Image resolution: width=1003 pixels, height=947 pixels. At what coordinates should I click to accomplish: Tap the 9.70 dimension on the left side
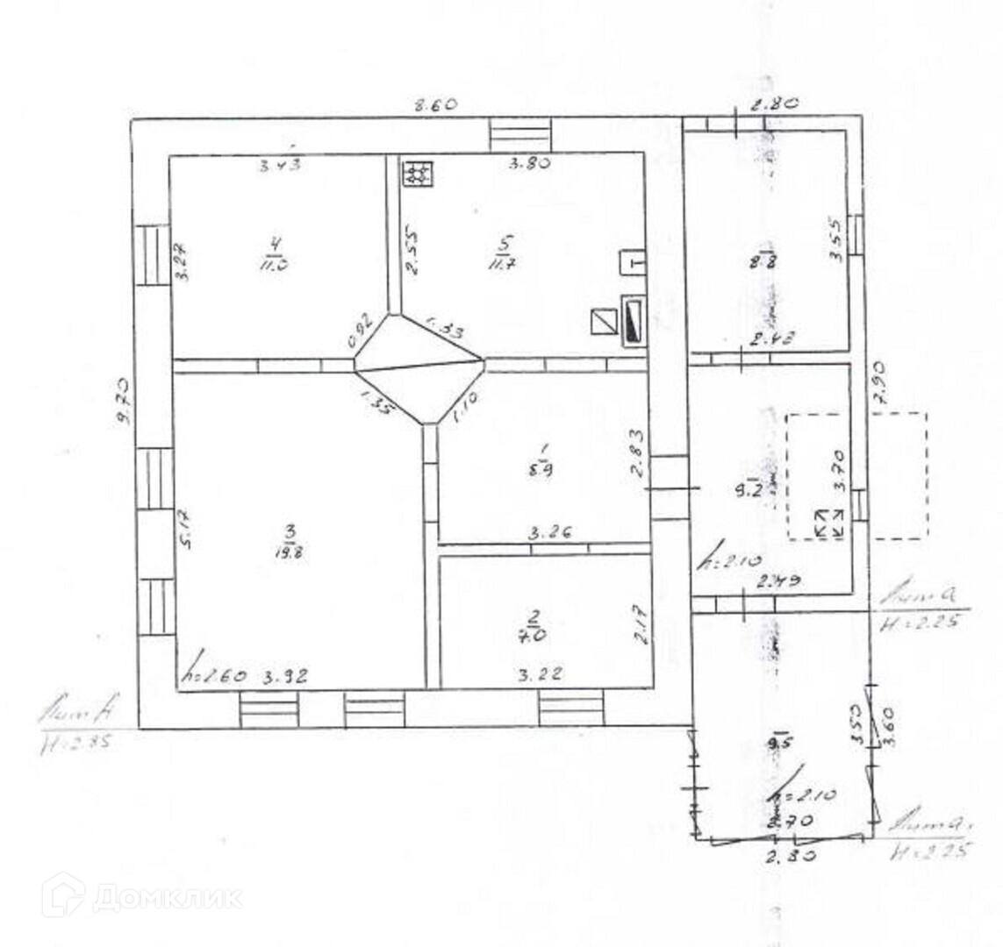124,401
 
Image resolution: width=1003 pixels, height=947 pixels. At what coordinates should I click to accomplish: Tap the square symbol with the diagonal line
604,322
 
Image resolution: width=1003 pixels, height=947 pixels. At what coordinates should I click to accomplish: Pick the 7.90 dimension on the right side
880,383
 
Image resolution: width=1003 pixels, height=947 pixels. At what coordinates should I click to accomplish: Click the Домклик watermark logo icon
63,895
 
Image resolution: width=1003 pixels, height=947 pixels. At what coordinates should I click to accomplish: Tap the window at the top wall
521,135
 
